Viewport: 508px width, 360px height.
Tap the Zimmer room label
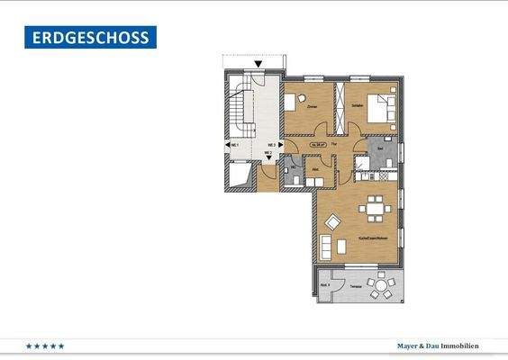click(312, 106)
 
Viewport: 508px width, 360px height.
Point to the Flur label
click(333, 144)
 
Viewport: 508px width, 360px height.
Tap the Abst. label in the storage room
click(316, 168)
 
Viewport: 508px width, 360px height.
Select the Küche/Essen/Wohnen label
click(373, 238)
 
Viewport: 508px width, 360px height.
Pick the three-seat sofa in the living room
click(327, 245)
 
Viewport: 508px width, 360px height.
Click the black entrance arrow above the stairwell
click(259, 64)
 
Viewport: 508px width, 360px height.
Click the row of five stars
click(45, 346)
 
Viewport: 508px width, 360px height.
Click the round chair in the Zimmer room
click(304, 96)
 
